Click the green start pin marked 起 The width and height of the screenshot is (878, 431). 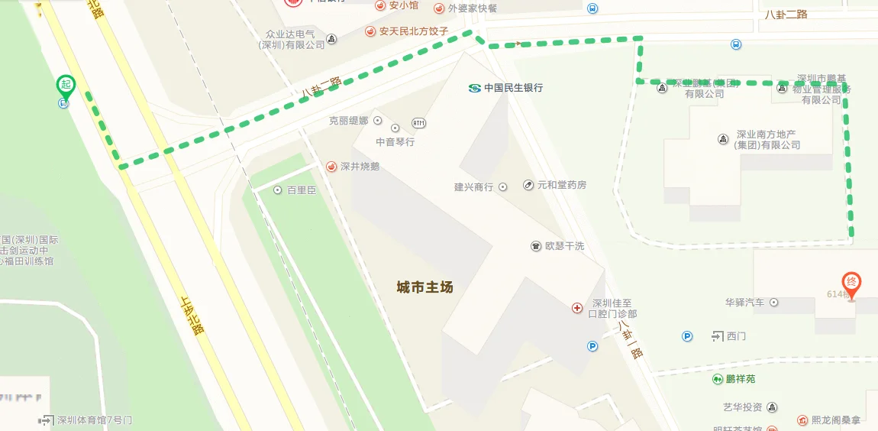click(x=65, y=86)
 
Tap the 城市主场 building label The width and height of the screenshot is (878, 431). click(x=424, y=287)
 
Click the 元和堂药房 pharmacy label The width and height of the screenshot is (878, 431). click(x=562, y=185)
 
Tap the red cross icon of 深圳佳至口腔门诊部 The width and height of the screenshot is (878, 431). click(x=577, y=308)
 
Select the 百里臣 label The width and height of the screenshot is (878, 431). click(x=301, y=190)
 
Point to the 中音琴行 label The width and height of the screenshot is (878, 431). click(x=395, y=141)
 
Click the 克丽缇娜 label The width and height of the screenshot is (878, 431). click(x=348, y=121)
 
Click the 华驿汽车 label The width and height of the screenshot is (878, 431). click(x=744, y=303)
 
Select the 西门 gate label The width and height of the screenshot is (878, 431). click(x=736, y=335)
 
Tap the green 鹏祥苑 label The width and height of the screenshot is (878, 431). click(x=740, y=379)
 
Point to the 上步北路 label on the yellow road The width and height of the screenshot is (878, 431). click(x=192, y=315)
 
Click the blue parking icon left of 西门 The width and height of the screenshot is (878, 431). click(x=687, y=335)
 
